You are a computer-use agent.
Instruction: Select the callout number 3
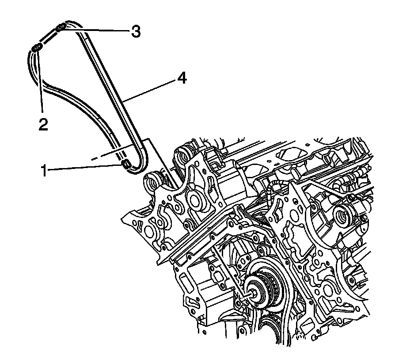point(135,31)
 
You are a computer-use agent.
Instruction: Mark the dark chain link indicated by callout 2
point(37,48)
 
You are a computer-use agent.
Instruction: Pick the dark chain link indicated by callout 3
point(61,28)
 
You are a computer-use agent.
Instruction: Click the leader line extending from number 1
point(84,168)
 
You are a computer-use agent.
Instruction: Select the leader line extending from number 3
point(97,30)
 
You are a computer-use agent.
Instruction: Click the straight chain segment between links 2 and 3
point(49,38)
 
